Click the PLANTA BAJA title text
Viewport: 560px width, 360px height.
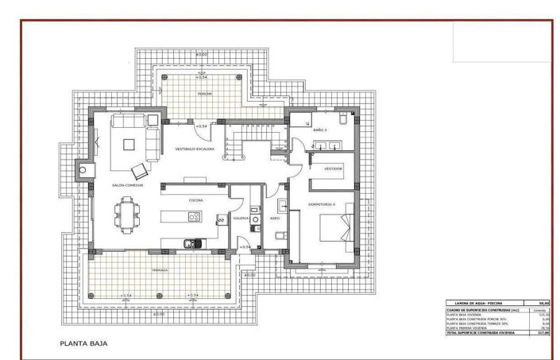point(83,344)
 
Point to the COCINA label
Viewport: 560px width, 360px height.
point(195,200)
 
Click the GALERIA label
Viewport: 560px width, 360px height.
point(241,218)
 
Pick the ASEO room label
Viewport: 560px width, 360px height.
point(274,218)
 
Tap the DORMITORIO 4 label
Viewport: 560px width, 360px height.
point(322,204)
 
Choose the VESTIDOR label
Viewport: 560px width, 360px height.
point(332,168)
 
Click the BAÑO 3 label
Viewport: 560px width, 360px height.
point(319,130)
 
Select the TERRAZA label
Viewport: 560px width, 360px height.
point(160,269)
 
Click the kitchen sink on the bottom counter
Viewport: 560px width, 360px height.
point(190,243)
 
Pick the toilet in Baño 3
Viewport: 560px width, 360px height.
point(342,118)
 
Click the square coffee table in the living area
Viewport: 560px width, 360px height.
point(132,145)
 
